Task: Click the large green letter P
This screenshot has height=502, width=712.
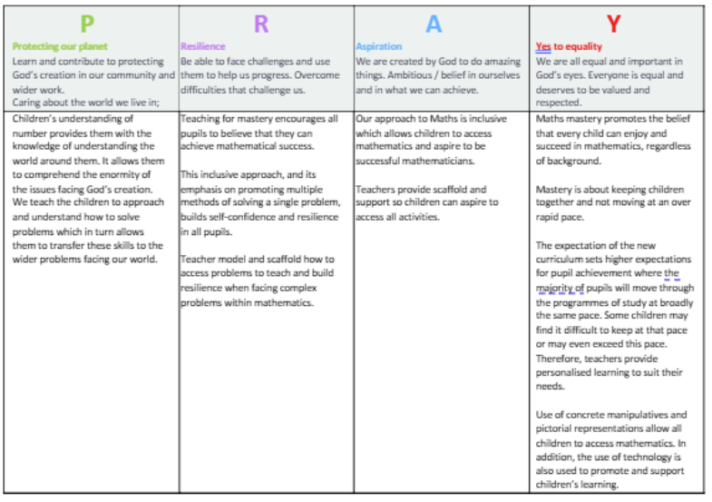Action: pyautogui.click(x=87, y=24)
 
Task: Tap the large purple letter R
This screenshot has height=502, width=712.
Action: pyautogui.click(x=261, y=24)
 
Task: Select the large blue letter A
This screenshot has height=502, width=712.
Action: pyautogui.click(x=434, y=25)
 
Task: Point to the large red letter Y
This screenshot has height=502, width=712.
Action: pyautogui.click(x=614, y=25)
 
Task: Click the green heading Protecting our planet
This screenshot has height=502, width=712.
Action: pyautogui.click(x=60, y=46)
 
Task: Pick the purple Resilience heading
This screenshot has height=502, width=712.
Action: pyautogui.click(x=203, y=46)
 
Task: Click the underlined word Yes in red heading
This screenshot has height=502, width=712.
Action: pyautogui.click(x=543, y=46)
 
